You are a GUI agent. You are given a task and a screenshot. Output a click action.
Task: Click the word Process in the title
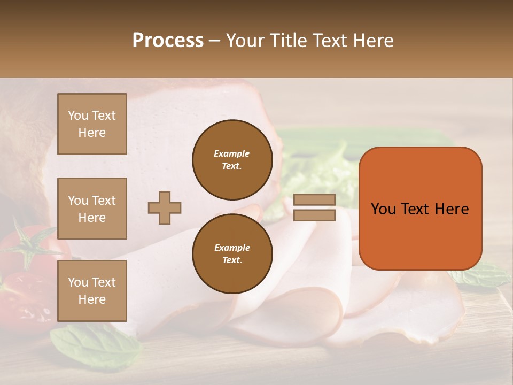[168, 41]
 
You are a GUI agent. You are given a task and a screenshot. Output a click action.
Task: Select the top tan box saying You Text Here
[92, 124]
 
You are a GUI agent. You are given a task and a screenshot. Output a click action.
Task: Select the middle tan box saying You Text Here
[92, 209]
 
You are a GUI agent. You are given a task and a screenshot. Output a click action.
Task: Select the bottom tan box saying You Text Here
[92, 291]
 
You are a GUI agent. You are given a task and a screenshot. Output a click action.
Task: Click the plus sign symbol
[165, 207]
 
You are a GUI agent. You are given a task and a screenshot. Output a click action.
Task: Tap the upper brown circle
[232, 160]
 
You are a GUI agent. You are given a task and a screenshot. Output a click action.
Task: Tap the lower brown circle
[232, 253]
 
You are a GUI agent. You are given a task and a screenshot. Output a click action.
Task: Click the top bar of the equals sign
[315, 200]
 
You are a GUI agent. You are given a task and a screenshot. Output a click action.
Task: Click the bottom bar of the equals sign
[315, 215]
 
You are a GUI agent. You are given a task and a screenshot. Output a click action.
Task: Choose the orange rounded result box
[420, 208]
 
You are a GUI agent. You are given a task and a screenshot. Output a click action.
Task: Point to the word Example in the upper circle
[232, 153]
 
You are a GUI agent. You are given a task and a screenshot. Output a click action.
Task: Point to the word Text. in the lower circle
[232, 260]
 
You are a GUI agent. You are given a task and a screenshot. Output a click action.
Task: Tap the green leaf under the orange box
[481, 275]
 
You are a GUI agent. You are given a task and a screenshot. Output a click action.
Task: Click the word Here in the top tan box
[92, 133]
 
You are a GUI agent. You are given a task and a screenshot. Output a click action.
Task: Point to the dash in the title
[215, 41]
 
